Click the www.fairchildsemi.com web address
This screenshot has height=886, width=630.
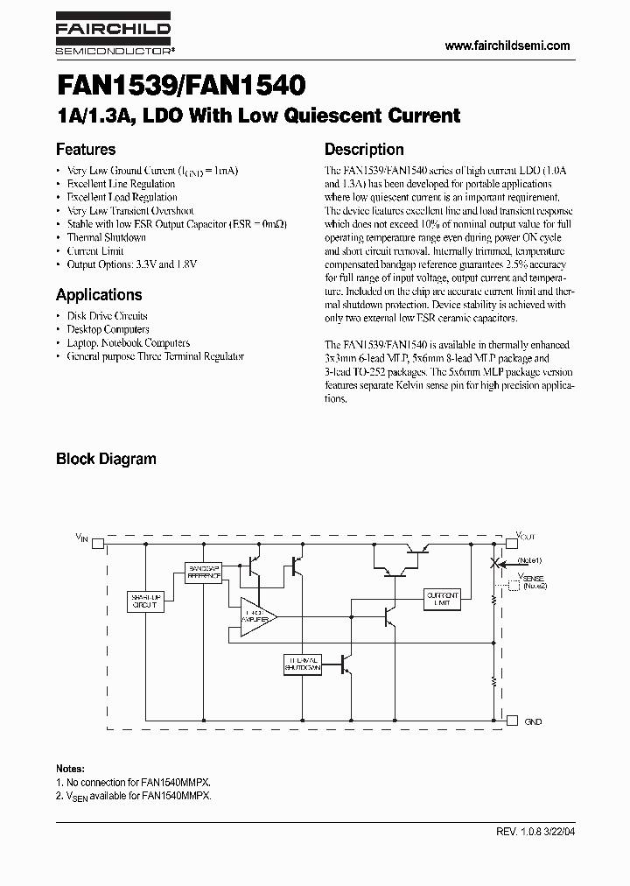coord(507,46)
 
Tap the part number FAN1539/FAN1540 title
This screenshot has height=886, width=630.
coord(180,86)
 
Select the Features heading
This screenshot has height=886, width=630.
coord(86,150)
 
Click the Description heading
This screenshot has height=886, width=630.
coord(364,150)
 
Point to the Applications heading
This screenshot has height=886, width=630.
coord(99,294)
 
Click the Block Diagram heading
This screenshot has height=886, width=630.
coord(106,459)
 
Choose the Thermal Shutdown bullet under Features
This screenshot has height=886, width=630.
coord(106,237)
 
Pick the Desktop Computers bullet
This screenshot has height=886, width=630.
coord(108,329)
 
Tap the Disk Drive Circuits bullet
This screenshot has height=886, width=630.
coord(107,315)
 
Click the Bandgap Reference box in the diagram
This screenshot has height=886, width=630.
coord(204,573)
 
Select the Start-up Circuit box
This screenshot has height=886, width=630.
coord(145,601)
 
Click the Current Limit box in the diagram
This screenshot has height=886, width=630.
coord(442,599)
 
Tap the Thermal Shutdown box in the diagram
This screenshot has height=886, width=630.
coord(303,663)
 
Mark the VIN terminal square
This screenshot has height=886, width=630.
coord(97,543)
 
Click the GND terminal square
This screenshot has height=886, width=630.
coord(512,721)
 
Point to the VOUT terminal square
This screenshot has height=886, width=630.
coord(511,543)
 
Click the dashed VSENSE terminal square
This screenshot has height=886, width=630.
coord(512,585)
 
